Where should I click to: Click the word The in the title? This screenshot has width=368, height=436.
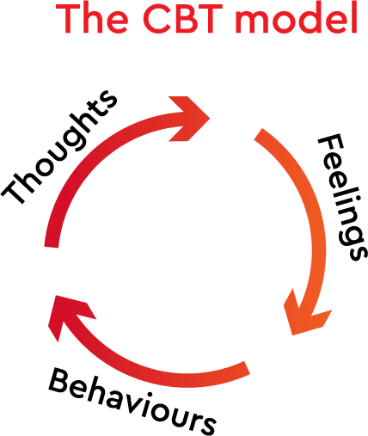pos(92,18)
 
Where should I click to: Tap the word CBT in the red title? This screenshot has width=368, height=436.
pos(182,18)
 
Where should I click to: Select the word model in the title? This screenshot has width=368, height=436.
pos(296,18)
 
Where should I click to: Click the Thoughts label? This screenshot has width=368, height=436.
pos(58,147)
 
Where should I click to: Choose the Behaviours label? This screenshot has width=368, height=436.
pos(132,401)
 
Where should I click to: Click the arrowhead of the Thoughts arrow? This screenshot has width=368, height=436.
pos(190,119)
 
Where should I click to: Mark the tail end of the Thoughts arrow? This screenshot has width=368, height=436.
pos(52,247)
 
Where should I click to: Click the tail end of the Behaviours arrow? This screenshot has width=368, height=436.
pos(247,368)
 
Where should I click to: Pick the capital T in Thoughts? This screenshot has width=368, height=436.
pos(15,187)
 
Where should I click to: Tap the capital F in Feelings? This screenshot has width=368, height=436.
pos(330,144)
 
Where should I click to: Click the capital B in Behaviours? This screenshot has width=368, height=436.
pos(61,381)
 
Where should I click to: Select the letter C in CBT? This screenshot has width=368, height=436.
pos(156,18)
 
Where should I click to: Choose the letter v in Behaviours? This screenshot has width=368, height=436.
pos(132,405)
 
